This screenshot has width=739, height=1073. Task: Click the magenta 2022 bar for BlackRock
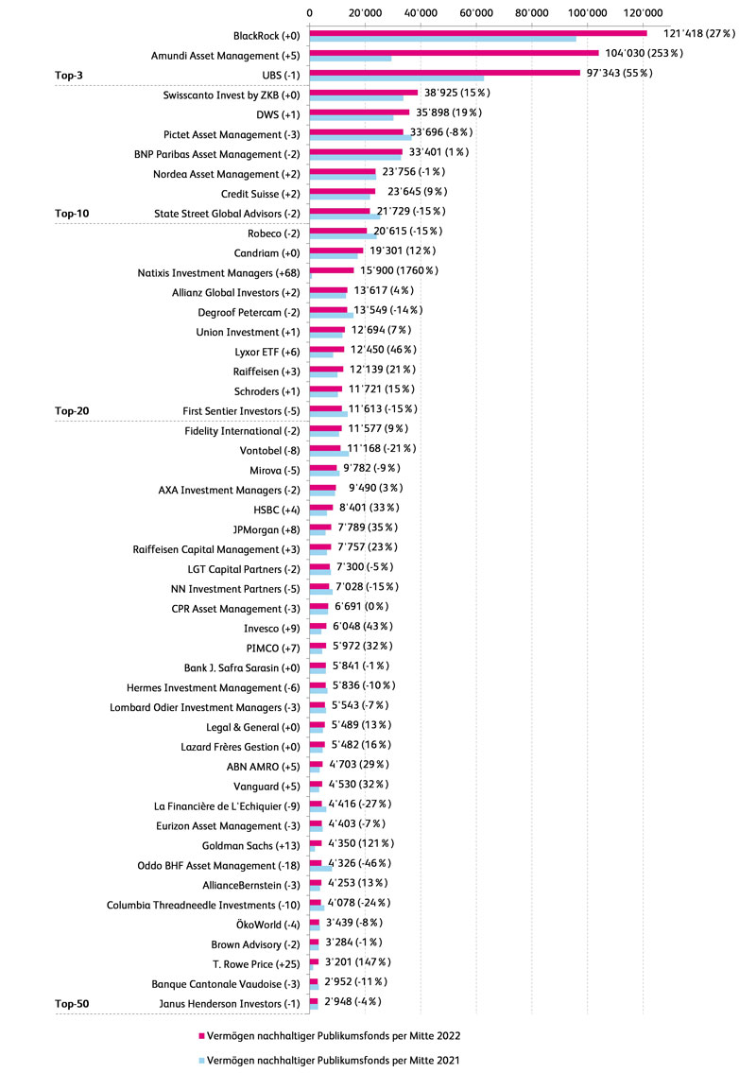pyautogui.click(x=477, y=33)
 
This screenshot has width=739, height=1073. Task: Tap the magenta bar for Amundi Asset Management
pyautogui.click(x=454, y=53)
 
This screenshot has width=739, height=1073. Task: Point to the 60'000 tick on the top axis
pyautogui.click(x=476, y=11)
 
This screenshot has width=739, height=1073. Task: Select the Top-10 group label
pyautogui.click(x=72, y=214)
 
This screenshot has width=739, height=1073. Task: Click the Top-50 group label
pyautogui.click(x=72, y=1003)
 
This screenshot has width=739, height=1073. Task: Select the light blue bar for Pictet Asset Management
pyautogui.click(x=360, y=138)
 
